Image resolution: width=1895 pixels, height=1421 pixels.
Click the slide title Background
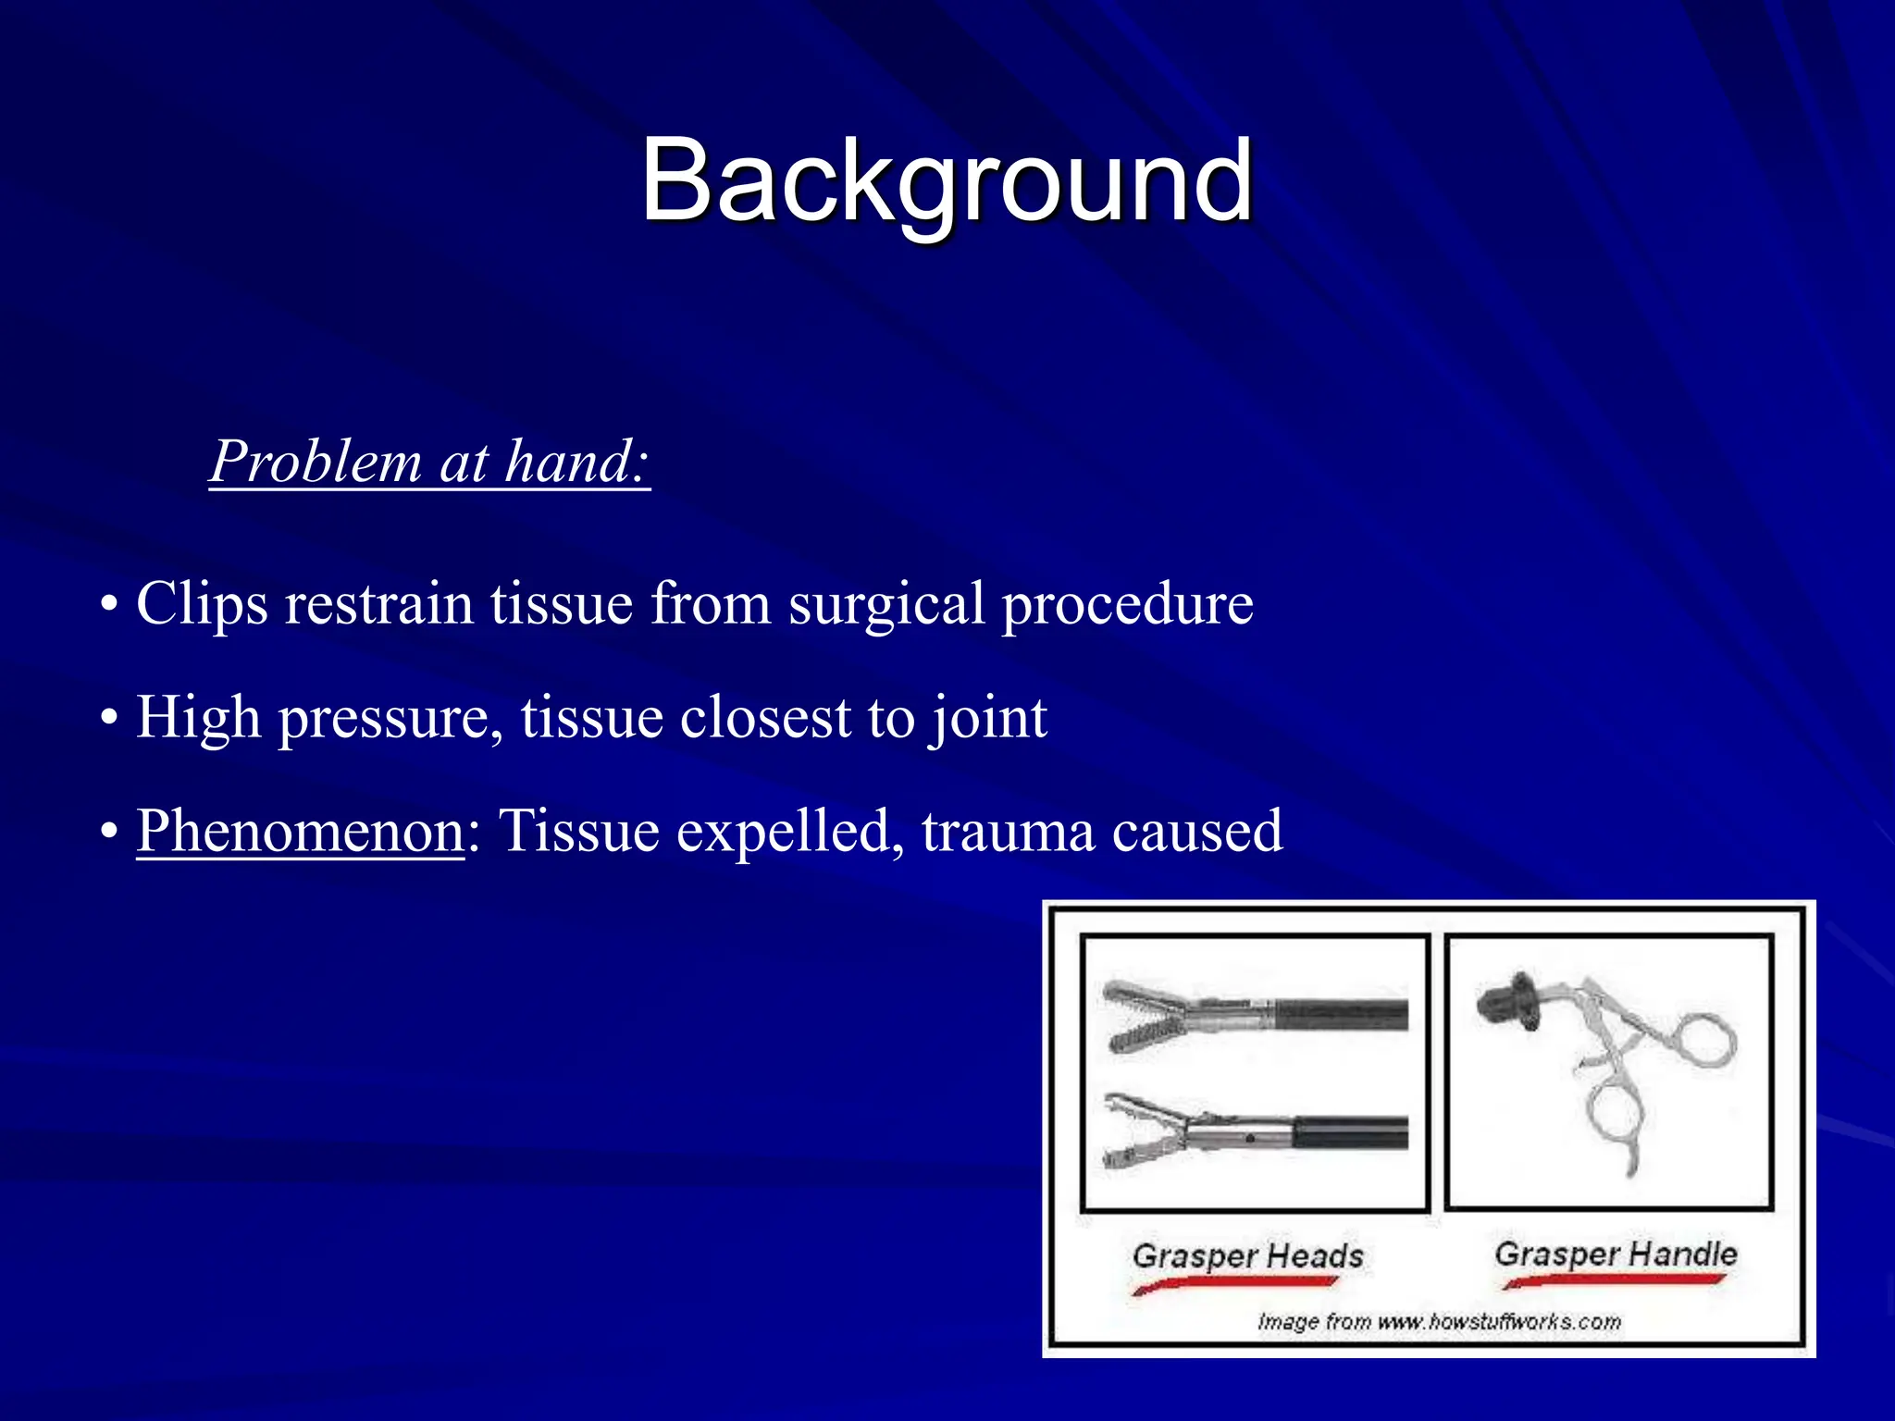tap(946, 180)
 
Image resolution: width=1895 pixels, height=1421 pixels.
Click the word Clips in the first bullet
tap(202, 604)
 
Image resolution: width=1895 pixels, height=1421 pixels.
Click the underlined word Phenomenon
tap(300, 831)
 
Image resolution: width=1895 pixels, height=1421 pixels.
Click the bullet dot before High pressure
tap(110, 719)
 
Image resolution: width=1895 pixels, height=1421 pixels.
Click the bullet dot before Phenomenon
tap(110, 832)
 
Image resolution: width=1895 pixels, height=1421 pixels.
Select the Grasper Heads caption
tap(1247, 1255)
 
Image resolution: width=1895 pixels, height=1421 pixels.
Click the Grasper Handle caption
tap(1616, 1254)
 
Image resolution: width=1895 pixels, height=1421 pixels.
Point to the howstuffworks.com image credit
tap(1439, 1321)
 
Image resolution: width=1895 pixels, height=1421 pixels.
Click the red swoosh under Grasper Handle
tap(1614, 1281)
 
